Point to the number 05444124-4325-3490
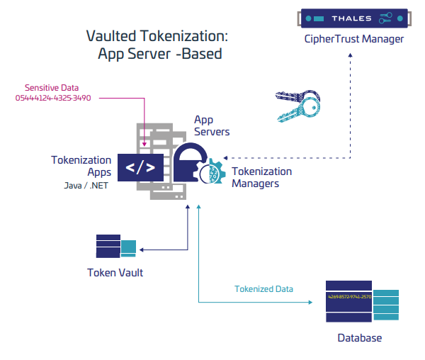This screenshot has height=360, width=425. point(53,98)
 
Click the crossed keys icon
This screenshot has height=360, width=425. point(298,108)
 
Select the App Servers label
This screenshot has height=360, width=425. point(212,125)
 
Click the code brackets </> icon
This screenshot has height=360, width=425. point(140,169)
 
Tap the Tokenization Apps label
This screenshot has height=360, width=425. point(81,166)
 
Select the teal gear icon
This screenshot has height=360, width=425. point(212,174)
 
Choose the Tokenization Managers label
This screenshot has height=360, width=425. point(261,177)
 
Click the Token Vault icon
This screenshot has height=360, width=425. point(115,246)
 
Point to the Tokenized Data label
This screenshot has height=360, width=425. point(263,288)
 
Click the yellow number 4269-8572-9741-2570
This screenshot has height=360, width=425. point(349,296)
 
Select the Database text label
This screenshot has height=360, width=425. point(359,338)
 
